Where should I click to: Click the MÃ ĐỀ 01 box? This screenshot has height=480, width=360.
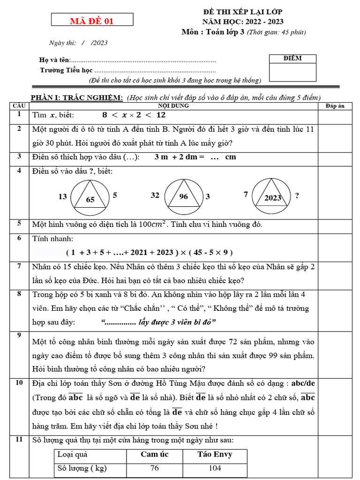pos(92,20)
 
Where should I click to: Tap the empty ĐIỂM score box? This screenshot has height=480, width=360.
pos(292,72)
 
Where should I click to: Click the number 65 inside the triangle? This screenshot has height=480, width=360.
pos(90,200)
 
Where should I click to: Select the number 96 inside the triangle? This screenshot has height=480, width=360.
pos(183,196)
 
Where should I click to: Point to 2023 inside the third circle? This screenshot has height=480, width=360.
pos(272,198)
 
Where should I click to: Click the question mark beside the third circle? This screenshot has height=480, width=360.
pos(297,195)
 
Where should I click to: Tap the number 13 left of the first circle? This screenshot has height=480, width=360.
pos(63,196)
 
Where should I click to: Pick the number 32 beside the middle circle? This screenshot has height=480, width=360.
pos(155,195)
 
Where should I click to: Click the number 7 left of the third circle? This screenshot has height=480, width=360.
pos(246,194)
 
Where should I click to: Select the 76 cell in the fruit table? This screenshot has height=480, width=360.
pos(155,468)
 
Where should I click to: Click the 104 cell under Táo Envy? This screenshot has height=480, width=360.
pos(215,468)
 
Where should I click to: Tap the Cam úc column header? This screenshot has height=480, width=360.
pos(155,454)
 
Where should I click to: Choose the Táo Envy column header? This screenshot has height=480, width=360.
pos(215,454)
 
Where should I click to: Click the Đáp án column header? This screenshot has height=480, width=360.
pos(335,106)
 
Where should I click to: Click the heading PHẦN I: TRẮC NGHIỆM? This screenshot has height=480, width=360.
pos(77,97)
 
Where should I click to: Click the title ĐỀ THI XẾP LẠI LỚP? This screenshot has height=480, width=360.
pos(242,12)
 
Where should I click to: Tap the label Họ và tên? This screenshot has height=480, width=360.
pos(55,60)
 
